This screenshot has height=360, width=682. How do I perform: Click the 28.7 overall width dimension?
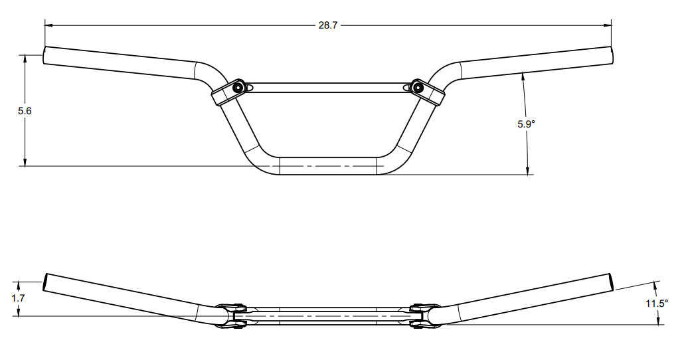click(x=327, y=25)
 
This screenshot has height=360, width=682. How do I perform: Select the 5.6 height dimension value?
click(x=25, y=111)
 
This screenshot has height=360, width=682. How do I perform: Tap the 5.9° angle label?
click(x=526, y=124)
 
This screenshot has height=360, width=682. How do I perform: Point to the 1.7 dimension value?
click(x=18, y=298)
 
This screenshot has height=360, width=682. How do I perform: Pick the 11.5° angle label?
click(x=657, y=304)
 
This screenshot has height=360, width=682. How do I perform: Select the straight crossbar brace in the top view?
click(x=327, y=87)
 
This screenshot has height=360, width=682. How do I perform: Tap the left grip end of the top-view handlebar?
click(x=46, y=55)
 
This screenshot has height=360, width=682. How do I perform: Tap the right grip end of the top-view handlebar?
click(x=610, y=55)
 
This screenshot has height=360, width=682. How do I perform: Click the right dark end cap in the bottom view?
click(x=612, y=282)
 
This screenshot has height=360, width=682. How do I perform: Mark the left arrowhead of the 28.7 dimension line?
click(x=48, y=25)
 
